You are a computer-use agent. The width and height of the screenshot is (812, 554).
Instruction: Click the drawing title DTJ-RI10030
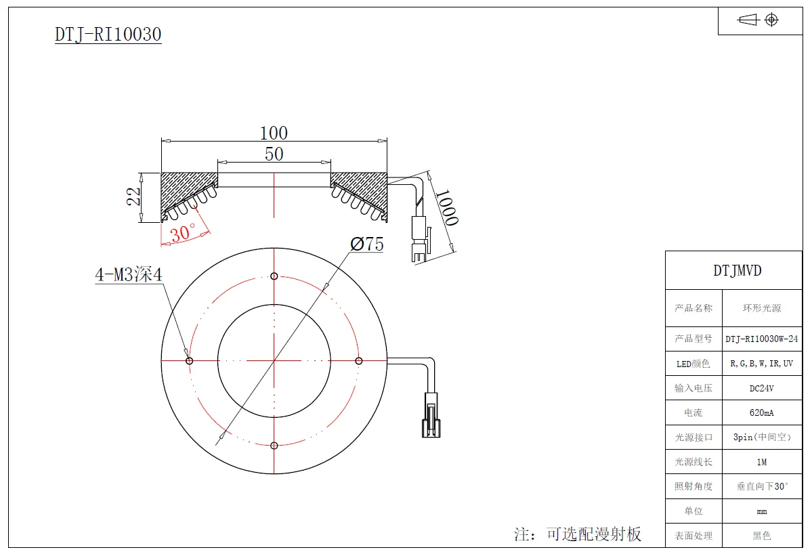pos(108,35)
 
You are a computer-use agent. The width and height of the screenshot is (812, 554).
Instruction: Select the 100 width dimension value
pos(274,133)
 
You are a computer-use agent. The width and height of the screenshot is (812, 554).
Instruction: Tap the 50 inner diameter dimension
pos(274,154)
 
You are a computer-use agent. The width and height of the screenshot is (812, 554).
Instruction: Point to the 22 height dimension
pos(134,196)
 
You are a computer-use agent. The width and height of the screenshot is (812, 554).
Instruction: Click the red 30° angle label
pos(183,234)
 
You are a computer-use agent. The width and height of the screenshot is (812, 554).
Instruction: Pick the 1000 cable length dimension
pos(446,207)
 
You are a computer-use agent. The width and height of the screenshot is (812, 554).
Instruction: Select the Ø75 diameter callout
pos(367,244)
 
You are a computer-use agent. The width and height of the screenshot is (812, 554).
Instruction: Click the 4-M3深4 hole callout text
pos(129,275)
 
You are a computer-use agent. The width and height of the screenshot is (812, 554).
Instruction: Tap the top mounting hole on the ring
pos(274,276)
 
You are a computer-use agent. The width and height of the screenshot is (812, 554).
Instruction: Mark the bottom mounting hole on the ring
pos(274,445)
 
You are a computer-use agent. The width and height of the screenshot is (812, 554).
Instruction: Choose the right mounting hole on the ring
pos(359,360)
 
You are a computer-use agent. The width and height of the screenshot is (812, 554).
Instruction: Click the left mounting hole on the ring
pos(190,360)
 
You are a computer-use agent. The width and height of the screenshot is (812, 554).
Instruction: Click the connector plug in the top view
pos(431,417)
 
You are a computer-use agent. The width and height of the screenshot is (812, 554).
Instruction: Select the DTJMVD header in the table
pos(737,270)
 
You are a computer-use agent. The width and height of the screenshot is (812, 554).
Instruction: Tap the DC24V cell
pos(762,388)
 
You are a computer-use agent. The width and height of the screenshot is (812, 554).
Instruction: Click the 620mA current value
pos(762,412)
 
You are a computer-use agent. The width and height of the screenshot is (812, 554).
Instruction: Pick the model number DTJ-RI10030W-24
pos(762,339)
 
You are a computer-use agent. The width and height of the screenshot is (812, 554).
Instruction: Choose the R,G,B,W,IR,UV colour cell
pos(762,364)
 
